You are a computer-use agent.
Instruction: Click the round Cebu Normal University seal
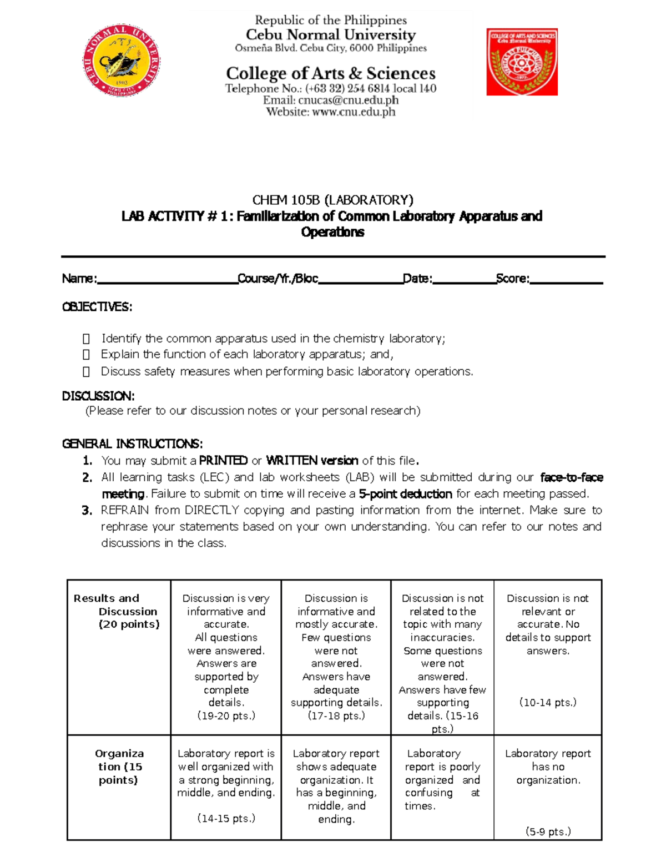(x=121, y=61)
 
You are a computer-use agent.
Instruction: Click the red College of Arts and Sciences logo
(x=522, y=62)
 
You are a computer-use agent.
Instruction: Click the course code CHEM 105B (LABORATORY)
(x=332, y=200)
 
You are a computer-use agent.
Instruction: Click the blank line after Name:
(x=167, y=280)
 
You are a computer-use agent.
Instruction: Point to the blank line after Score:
(x=566, y=280)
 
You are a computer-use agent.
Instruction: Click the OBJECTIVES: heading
(x=97, y=307)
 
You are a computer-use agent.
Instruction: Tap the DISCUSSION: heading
(x=98, y=396)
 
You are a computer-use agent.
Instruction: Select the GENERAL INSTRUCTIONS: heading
(x=132, y=443)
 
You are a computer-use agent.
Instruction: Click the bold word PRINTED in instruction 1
(x=223, y=461)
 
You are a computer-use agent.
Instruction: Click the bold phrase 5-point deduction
(x=405, y=494)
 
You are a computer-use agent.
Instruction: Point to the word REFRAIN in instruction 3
(x=124, y=510)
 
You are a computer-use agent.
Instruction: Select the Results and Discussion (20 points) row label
(x=118, y=611)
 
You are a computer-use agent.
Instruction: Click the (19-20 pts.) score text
(x=226, y=716)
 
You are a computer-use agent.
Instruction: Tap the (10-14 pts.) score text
(x=548, y=703)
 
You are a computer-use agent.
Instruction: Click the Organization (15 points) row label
(x=119, y=767)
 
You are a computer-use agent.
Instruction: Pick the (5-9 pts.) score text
(x=548, y=831)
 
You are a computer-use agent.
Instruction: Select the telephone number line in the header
(x=331, y=89)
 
